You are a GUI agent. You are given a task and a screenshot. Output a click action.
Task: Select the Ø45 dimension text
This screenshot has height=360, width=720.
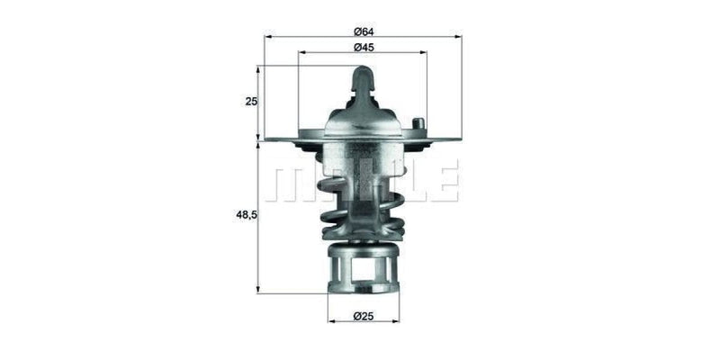click(363, 47)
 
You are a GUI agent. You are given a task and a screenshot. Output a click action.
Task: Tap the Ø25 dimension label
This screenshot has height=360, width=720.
click(363, 316)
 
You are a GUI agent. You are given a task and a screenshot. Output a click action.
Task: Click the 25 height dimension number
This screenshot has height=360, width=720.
click(251, 102)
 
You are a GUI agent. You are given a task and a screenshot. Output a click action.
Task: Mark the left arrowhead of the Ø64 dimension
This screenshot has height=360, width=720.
click(267, 37)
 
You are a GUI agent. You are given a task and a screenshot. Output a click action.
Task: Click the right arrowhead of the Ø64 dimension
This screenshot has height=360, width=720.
click(458, 37)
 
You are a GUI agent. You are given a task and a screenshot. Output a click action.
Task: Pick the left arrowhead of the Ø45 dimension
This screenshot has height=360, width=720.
click(301, 52)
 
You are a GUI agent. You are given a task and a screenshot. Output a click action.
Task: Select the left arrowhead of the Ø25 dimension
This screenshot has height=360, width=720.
click(330, 321)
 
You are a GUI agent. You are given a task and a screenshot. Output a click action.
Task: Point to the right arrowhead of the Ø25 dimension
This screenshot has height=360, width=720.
click(396, 321)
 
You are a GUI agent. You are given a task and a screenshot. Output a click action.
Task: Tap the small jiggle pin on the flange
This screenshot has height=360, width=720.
click(416, 124)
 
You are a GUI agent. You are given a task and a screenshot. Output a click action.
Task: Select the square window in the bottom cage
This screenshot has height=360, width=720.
click(364, 269)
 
